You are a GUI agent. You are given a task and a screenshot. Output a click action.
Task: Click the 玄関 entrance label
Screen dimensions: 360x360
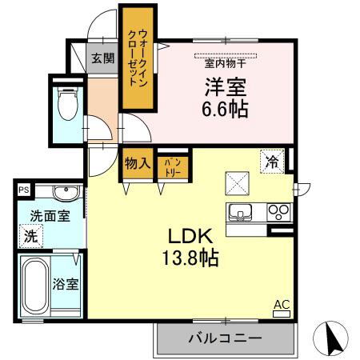click(102, 58)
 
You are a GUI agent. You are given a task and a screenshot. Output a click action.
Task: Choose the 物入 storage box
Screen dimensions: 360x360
click(137, 163)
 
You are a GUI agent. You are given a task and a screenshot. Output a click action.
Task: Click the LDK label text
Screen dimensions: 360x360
click(190, 236)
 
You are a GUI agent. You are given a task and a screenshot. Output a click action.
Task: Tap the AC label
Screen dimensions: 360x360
click(282, 304)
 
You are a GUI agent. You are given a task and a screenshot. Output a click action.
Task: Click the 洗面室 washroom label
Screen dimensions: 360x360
click(50, 215)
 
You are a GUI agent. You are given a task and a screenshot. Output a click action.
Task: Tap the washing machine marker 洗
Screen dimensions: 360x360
click(30, 236)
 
